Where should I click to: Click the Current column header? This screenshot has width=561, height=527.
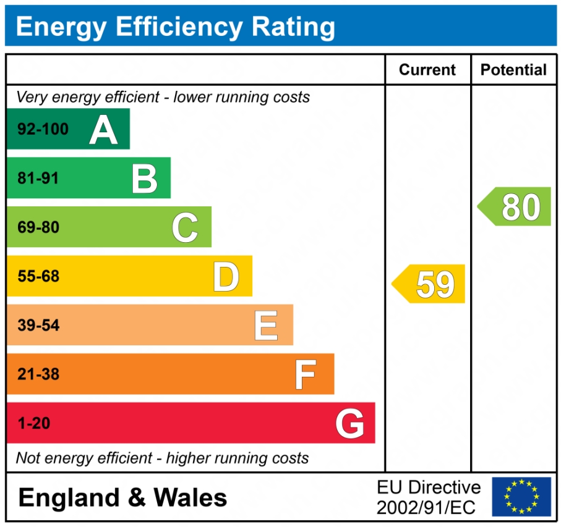point(427,70)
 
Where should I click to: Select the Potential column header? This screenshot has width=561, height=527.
point(513,70)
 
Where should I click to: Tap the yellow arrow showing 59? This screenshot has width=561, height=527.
point(430,284)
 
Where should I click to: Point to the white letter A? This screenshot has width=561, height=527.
point(103,130)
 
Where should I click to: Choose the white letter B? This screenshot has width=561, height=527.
point(144,179)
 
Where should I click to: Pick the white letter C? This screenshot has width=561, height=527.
point(185,227)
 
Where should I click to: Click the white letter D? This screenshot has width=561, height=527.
point(226,276)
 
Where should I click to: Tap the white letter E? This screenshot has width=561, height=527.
point(266,326)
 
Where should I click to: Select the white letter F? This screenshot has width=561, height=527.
point(306,374)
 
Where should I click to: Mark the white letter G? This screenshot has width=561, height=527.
point(349,424)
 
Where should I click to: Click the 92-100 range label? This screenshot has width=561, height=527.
point(43,130)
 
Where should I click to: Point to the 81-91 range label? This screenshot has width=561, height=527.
point(38,179)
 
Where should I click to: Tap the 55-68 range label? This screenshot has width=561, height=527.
point(38,276)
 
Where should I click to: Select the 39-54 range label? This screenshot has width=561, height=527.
point(38,326)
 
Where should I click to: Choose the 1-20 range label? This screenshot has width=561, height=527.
point(33,424)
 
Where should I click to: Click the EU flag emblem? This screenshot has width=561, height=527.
point(521,497)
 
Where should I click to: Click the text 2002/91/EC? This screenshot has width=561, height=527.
point(426,508)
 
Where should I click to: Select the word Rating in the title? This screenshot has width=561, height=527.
point(293,27)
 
